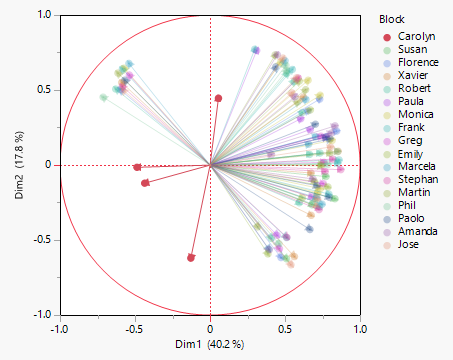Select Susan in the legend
coord(405,49)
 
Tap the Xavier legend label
coord(406,77)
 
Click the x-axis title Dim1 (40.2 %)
coord(210,345)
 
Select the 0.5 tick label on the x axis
coord(285,327)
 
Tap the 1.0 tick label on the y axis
coord(44,16)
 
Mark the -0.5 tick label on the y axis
coord(42,240)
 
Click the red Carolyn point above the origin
coord(218,98)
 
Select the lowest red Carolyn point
coord(191,258)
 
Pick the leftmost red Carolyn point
coord(137,167)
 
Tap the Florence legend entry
coord(410,63)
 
